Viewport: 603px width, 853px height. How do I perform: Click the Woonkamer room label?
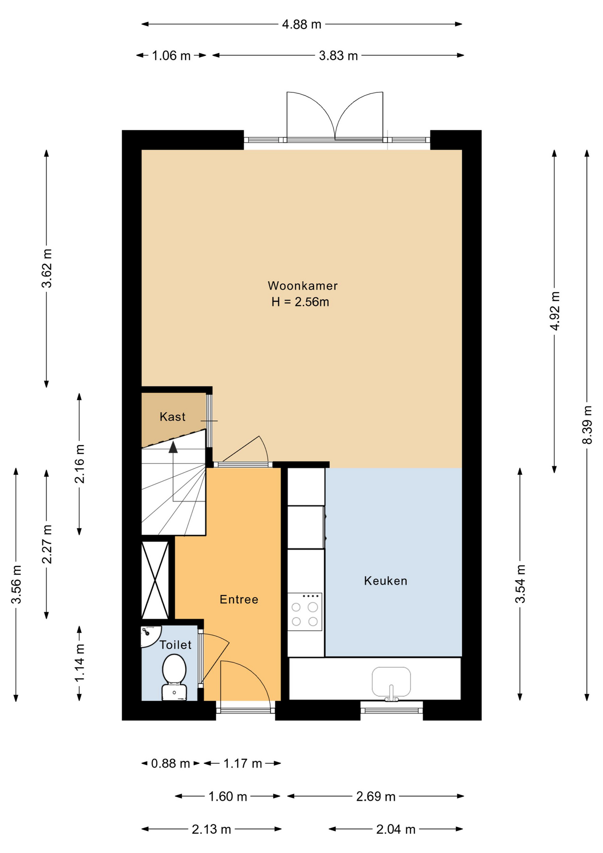pyautogui.click(x=302, y=286)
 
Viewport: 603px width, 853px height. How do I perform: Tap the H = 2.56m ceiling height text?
pyautogui.click(x=300, y=302)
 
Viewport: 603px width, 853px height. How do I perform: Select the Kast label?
pyautogui.click(x=172, y=417)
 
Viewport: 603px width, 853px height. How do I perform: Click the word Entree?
pyautogui.click(x=239, y=599)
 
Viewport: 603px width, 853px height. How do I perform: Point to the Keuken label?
pyautogui.click(x=385, y=581)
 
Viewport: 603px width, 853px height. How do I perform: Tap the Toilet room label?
pyautogui.click(x=175, y=645)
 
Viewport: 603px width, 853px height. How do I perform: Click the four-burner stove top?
pyautogui.click(x=305, y=612)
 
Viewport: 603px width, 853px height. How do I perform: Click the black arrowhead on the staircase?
pyautogui.click(x=173, y=447)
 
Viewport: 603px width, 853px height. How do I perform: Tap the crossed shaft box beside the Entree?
pyautogui.click(x=155, y=580)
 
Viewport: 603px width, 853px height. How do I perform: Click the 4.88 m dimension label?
pyautogui.click(x=301, y=24)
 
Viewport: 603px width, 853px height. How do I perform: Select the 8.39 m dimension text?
pyautogui.click(x=587, y=425)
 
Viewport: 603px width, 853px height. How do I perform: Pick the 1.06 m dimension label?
pyautogui.click(x=171, y=56)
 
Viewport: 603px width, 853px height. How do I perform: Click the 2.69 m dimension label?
pyautogui.click(x=376, y=797)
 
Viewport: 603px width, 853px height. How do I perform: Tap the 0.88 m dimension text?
pyautogui.click(x=171, y=764)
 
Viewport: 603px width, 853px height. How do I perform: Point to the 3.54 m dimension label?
pyautogui.click(x=520, y=584)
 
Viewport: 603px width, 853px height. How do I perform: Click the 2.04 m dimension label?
pyautogui.click(x=396, y=829)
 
